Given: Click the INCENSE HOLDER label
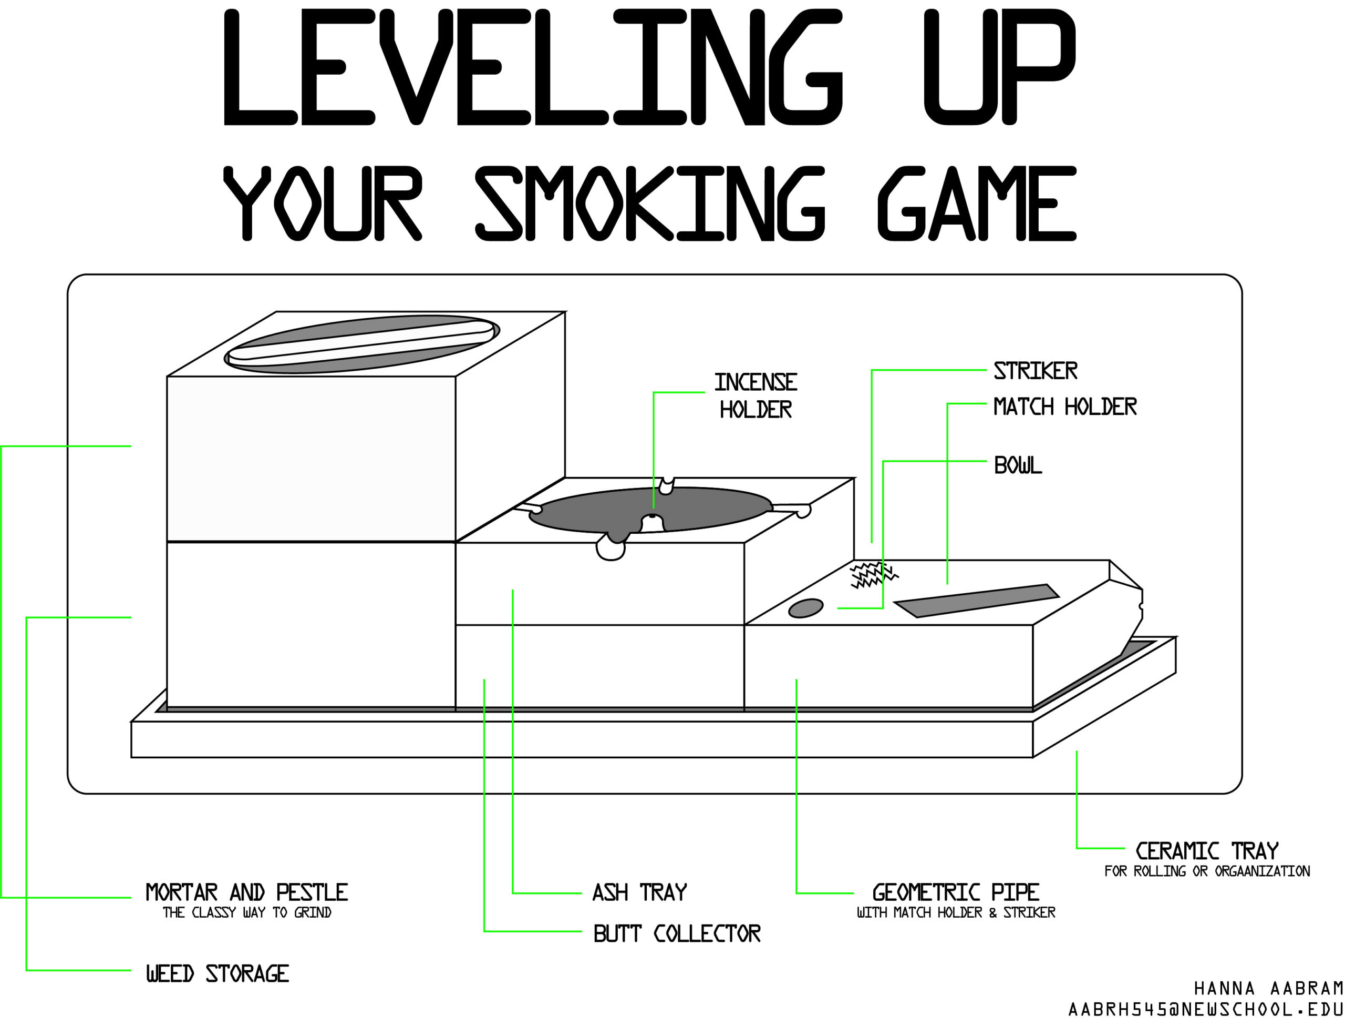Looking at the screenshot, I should [756, 395].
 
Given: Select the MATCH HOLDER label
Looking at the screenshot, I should [1065, 407].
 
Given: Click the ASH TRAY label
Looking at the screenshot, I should [639, 892].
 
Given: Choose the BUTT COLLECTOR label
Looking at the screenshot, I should [677, 933].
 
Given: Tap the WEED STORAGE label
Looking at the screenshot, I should [218, 974].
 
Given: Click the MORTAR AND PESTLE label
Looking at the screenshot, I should [246, 892].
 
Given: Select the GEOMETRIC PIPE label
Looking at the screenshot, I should [956, 892].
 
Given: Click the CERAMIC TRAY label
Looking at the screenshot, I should [1207, 851].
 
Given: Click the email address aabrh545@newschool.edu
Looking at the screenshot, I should [1205, 1010].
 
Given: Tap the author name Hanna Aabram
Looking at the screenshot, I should [1268, 989].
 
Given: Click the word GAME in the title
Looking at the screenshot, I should [976, 204].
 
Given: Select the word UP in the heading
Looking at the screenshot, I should [999, 68].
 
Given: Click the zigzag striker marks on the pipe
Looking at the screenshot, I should [872, 575].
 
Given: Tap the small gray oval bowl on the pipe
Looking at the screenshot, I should [805, 608].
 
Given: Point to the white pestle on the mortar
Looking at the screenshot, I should [361, 340].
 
